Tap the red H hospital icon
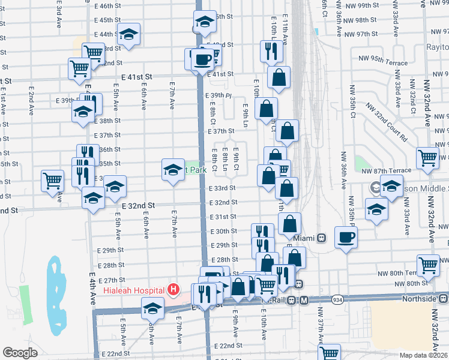click(173, 290)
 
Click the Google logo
click(20, 353)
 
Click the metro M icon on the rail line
click(304, 300)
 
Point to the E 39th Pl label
click(218, 95)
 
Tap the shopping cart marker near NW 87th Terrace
click(428, 158)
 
